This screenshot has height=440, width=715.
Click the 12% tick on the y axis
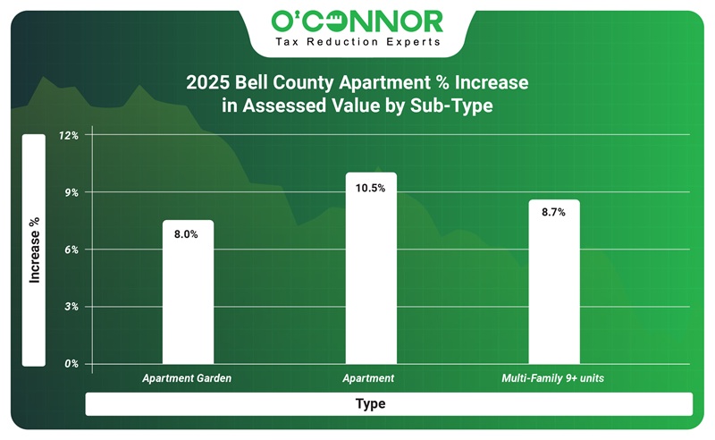(69, 136)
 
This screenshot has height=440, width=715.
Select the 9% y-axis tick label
(71, 193)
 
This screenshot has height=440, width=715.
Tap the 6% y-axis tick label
(71, 250)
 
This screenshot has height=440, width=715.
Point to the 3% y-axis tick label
(71, 307)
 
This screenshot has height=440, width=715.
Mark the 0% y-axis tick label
(71, 364)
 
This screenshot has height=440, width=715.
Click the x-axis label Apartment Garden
(187, 379)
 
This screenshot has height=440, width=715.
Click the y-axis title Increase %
(34, 250)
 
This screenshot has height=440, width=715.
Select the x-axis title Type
(370, 404)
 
